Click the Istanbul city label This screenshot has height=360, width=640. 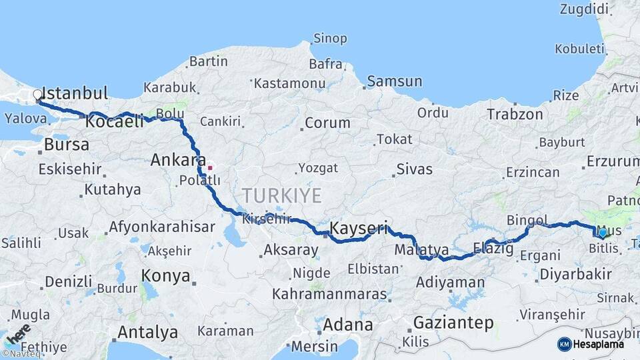coord(75,93)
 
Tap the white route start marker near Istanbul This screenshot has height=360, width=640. coord(38,95)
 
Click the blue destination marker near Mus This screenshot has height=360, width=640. coord(602,233)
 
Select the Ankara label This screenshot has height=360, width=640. coord(178,160)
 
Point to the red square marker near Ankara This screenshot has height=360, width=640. coord(210,167)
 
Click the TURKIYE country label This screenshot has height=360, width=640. coord(281,195)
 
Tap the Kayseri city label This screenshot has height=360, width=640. coord(359,229)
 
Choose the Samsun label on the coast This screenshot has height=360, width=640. coord(395,81)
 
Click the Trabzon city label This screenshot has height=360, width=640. coord(515,114)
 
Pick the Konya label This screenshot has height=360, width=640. coord(165,275)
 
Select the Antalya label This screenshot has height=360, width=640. coord(147,331)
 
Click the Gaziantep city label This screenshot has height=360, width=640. coord(453,323)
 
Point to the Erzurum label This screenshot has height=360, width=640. coord(613,161)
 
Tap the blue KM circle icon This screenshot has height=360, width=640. coord(564,344)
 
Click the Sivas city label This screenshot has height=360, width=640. coord(414,169)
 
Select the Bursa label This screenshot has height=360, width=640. coord(66,144)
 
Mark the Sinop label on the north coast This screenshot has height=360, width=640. coord(330,39)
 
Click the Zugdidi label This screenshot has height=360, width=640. coord(585,9)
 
